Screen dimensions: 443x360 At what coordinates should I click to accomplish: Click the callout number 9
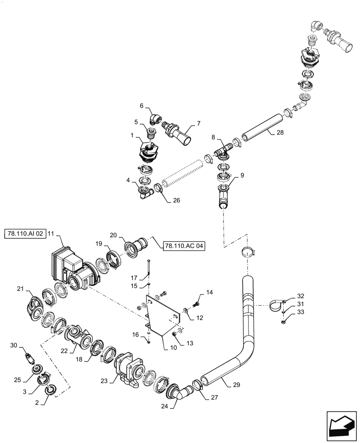(243, 175)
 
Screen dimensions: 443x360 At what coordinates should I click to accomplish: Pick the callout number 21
(20, 288)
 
